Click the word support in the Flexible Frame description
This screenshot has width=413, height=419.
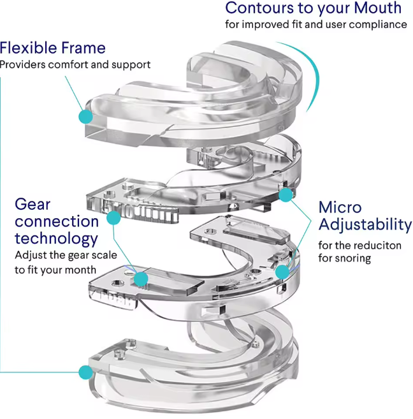(x=133, y=64)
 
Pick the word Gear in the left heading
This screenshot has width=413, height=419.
(x=33, y=205)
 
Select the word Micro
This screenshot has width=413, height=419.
(x=340, y=208)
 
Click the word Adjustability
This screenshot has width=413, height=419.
(x=365, y=225)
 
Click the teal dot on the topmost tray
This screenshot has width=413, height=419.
(x=84, y=116)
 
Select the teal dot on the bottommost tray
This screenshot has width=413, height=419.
(x=84, y=371)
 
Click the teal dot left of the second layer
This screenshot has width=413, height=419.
(x=114, y=218)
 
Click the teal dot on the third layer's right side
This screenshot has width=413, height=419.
(x=282, y=271)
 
